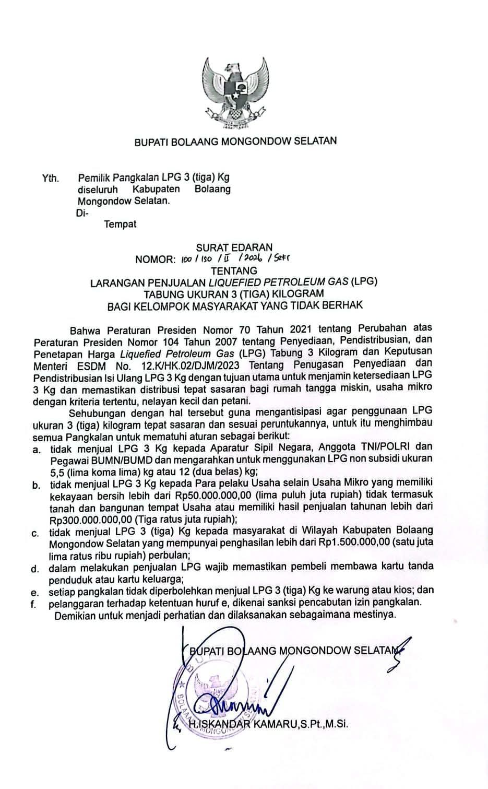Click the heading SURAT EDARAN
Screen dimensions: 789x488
coord(234,248)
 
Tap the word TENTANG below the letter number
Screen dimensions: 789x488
coord(234,270)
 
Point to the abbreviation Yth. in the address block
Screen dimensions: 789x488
coord(51,179)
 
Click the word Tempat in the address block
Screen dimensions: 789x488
coord(120,224)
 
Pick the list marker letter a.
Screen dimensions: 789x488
coord(36,448)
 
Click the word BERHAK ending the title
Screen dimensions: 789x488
coord(342,305)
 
